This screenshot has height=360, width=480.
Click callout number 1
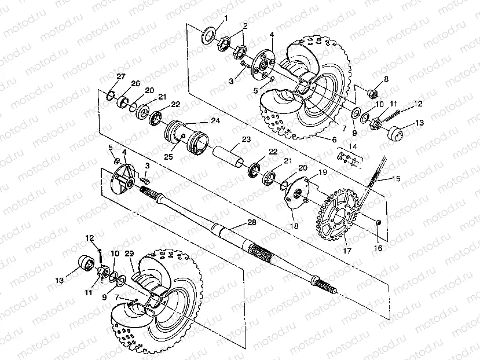(x=226, y=18)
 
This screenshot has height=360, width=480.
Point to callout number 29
(x=129, y=254)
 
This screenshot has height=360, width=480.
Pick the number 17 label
(x=348, y=251)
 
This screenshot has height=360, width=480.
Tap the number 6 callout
(x=334, y=139)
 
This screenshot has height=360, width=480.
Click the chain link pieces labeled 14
(x=346, y=157)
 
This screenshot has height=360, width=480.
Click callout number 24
(x=215, y=120)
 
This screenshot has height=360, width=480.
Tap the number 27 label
(x=120, y=76)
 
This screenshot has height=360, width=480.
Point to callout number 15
(x=396, y=179)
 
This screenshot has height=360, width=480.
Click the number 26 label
(x=135, y=84)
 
